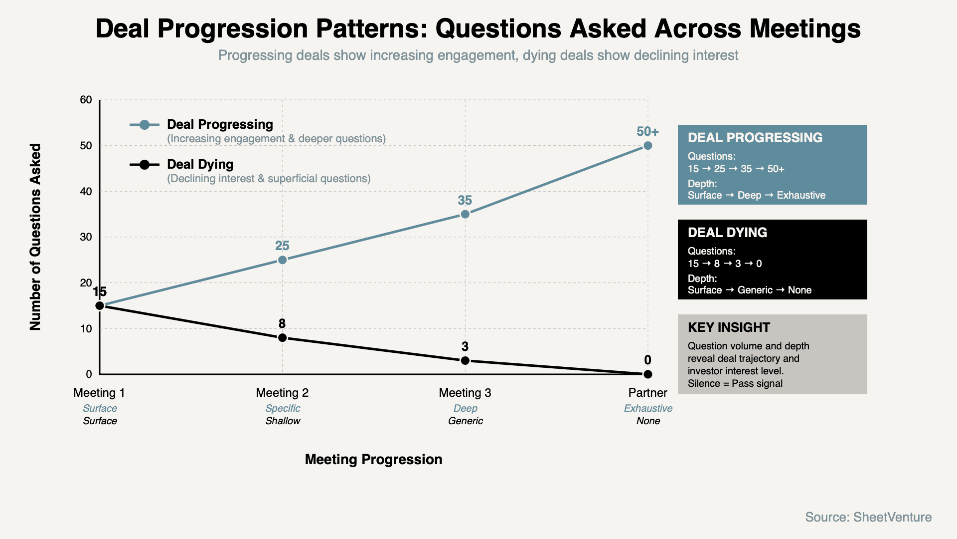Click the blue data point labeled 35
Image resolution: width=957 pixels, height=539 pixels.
click(465, 214)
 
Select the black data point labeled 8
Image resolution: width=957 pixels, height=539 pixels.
click(282, 338)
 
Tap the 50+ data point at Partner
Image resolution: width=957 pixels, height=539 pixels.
click(647, 146)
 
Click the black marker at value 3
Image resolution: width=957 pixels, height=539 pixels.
click(465, 360)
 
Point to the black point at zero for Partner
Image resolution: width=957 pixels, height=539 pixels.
click(647, 374)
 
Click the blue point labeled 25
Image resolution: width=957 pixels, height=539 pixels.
click(282, 260)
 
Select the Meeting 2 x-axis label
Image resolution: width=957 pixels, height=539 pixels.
click(282, 393)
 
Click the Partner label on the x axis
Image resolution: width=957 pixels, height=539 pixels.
click(647, 393)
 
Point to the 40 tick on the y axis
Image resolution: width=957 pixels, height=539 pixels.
click(86, 191)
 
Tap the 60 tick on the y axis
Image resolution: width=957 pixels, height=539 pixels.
click(86, 100)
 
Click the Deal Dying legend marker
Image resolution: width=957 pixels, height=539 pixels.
click(145, 165)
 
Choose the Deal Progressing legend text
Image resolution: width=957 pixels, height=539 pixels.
click(220, 124)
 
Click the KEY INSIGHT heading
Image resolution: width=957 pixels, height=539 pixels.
click(729, 327)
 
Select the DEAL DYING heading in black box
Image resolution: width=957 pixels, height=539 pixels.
click(727, 233)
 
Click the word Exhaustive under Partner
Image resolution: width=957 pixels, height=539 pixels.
click(648, 408)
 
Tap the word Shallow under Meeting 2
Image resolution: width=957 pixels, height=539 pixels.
click(283, 421)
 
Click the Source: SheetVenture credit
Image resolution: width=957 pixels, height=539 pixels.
click(868, 517)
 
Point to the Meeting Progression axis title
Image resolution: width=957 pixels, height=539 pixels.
click(373, 459)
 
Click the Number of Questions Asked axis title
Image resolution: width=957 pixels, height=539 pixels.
click(35, 237)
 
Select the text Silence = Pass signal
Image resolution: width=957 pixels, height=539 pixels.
click(735, 383)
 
